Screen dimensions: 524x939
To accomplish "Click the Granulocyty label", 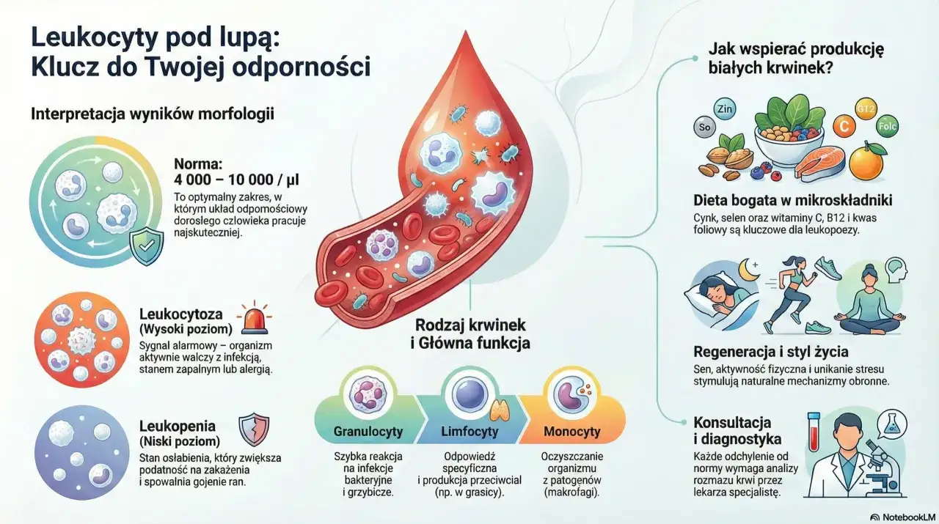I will (368, 431).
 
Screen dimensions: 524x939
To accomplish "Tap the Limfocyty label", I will (470, 431).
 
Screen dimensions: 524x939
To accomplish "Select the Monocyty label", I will (572, 431).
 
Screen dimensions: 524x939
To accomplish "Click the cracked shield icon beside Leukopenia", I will (255, 429).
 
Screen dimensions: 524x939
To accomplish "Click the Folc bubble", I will (887, 125).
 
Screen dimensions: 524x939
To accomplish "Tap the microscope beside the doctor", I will (877, 469).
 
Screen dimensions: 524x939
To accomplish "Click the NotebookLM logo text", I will (903, 516).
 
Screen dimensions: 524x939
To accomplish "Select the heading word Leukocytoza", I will (180, 314).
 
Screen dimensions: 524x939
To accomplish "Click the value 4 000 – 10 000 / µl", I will (237, 180).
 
